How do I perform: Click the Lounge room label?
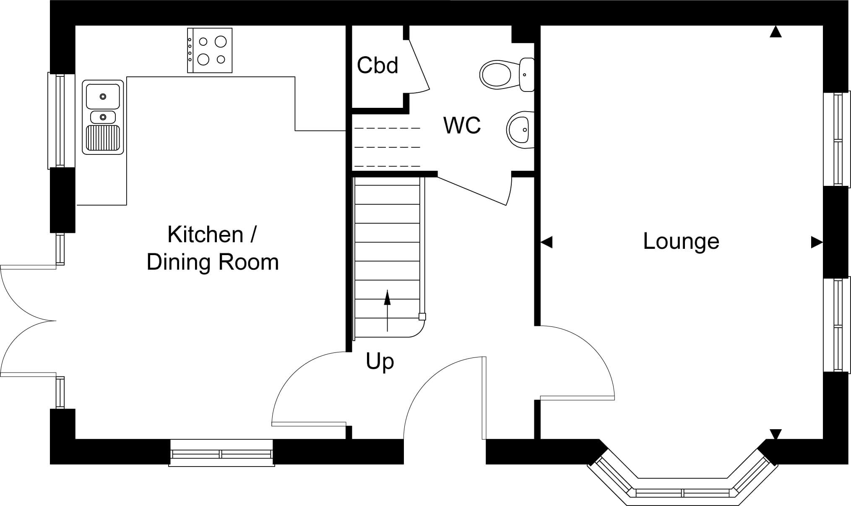pos(681,241)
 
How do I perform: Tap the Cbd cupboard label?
pos(377,65)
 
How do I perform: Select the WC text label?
pos(462,125)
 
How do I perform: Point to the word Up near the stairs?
pos(380,362)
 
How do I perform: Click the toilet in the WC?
pos(507,74)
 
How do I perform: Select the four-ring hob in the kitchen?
pos(210,50)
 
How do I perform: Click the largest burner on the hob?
pos(221,41)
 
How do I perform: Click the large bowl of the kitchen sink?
pos(103,96)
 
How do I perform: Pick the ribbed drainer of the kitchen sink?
pos(103,138)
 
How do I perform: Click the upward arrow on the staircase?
pos(387,310)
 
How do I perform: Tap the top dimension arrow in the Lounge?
pos(776,31)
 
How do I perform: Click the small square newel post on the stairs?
pos(422,317)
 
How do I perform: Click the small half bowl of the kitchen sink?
pos(103,117)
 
